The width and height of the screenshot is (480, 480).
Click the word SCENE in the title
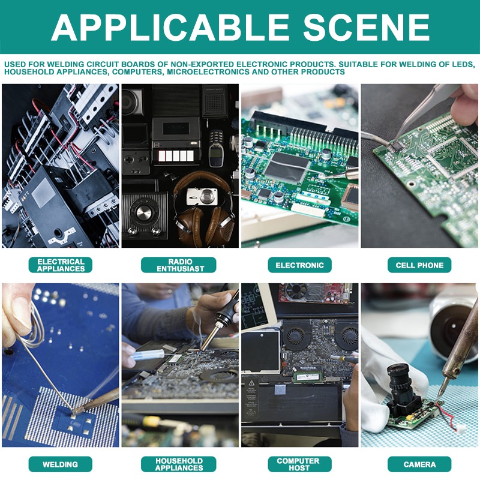tap(366, 27)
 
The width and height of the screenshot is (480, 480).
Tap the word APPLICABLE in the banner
tap(170, 27)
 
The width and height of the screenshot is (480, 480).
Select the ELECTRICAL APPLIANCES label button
tap(61, 265)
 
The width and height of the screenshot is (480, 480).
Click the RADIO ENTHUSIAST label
tap(178, 265)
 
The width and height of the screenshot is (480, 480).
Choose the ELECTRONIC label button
tap(299, 265)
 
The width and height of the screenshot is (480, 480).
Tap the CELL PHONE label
tap(419, 265)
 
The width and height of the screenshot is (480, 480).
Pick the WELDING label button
tap(61, 464)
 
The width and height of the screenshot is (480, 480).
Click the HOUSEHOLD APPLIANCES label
tap(178, 464)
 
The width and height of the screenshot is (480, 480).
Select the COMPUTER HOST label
tap(299, 464)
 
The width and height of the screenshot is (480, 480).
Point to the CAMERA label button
tap(419, 464)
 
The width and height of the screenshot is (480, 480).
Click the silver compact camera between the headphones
tap(202, 196)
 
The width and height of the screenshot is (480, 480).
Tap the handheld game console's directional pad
tap(130, 160)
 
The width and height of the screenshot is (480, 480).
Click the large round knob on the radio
tap(142, 212)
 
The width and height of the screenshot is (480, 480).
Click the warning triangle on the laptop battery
tap(251, 383)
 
